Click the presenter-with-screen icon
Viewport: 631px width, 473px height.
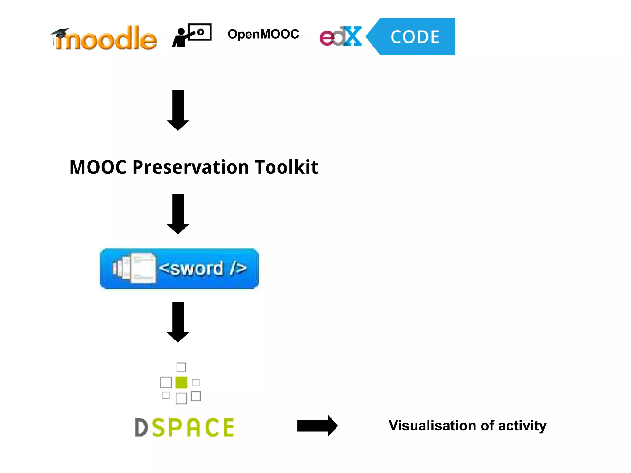tap(192, 35)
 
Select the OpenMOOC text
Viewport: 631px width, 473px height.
tap(263, 34)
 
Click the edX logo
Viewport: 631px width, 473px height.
tap(340, 37)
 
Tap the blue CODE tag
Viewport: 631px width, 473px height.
tap(414, 37)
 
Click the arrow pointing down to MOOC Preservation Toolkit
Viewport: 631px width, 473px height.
tap(178, 110)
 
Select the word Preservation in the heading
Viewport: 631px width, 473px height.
tap(191, 167)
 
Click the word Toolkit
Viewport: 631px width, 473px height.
tap(286, 167)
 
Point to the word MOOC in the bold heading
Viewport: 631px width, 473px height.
tap(98, 167)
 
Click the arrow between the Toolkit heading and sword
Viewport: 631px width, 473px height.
tap(178, 214)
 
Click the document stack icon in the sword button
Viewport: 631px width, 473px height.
tap(135, 268)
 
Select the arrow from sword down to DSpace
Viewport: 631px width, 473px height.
tap(178, 322)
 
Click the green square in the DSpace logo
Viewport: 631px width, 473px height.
tap(181, 382)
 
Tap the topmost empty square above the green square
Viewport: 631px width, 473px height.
tap(181, 367)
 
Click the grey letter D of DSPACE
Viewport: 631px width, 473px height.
tap(141, 427)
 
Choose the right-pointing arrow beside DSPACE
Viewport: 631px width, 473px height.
tap(317, 426)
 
